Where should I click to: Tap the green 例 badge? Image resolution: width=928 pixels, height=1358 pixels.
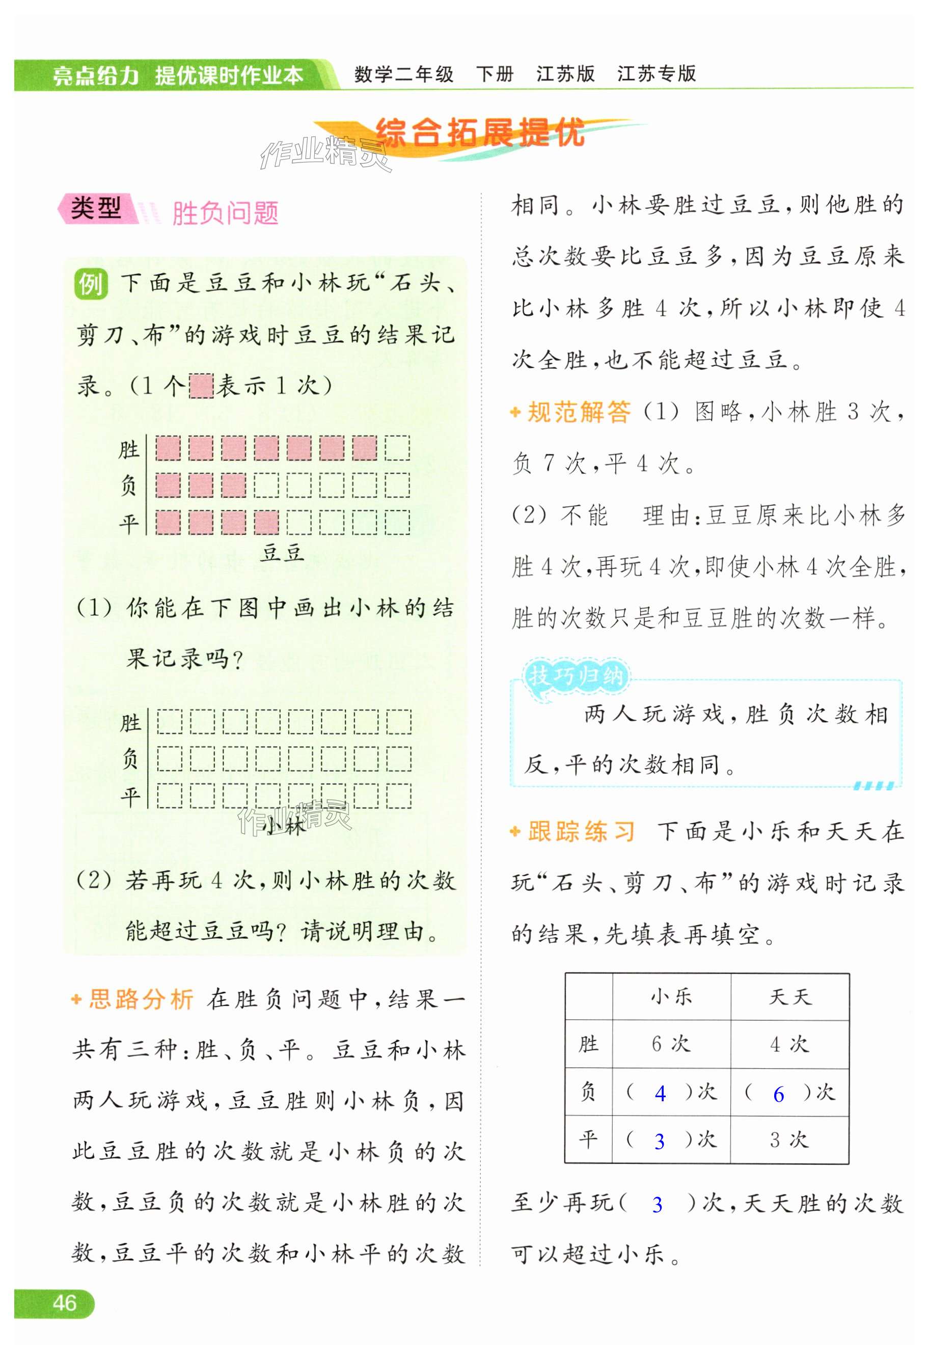[91, 285]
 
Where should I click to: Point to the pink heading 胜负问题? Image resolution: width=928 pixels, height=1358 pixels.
[225, 213]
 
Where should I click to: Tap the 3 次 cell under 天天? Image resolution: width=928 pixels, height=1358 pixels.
[789, 1139]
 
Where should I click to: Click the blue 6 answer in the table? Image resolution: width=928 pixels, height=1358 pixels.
[778, 1094]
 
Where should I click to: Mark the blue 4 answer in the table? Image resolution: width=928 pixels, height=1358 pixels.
[661, 1093]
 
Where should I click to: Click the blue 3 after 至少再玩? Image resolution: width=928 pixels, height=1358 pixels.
[658, 1204]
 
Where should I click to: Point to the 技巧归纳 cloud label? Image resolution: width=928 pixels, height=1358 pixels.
[576, 676]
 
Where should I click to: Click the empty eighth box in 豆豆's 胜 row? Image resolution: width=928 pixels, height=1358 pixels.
[397, 448]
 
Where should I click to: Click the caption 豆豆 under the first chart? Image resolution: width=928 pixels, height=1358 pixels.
[283, 552]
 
